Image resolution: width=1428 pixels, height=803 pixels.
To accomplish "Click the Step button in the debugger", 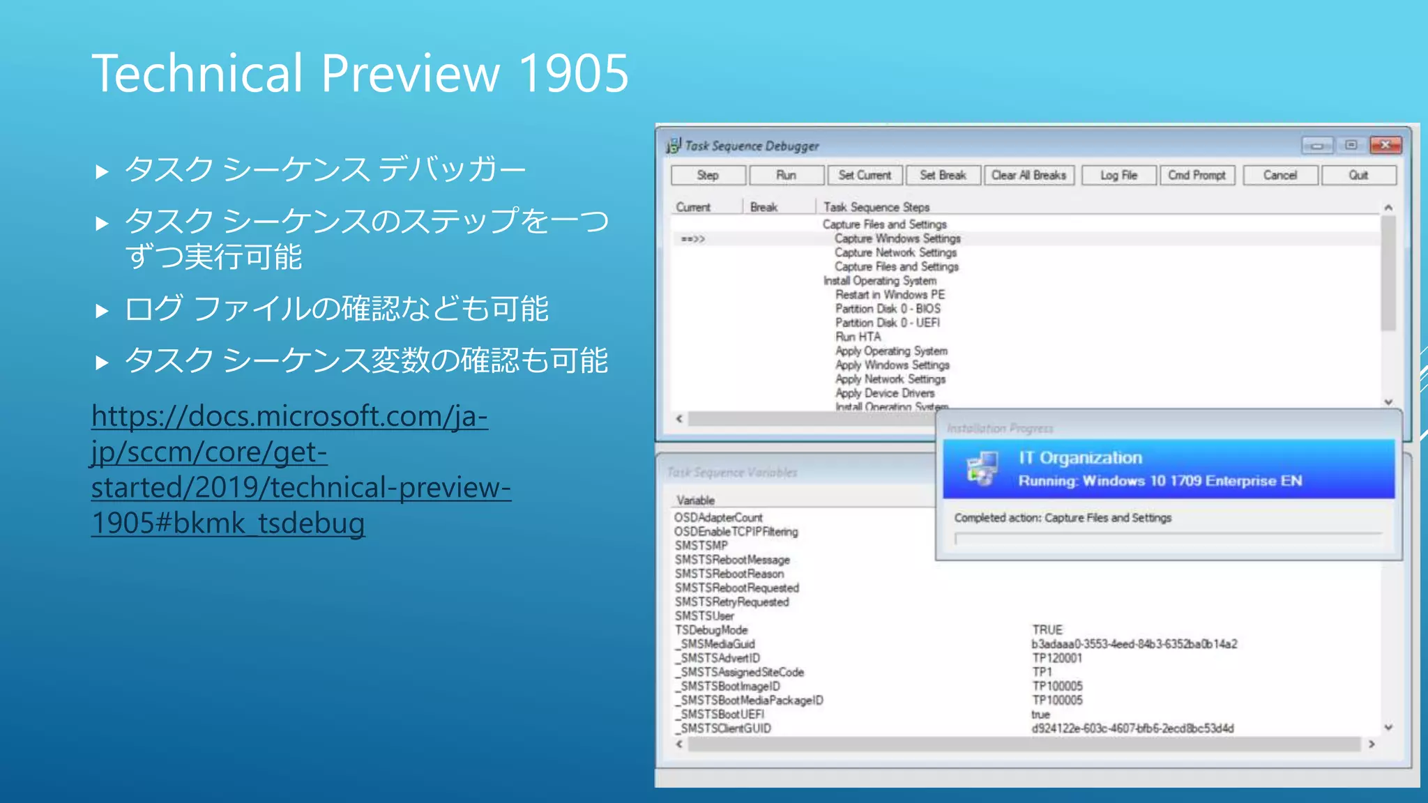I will (708, 175).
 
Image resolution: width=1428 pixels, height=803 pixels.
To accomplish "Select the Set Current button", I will (865, 175).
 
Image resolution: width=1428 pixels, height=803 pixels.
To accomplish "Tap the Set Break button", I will (943, 175).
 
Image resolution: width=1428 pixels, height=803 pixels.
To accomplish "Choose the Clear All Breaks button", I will (1028, 175).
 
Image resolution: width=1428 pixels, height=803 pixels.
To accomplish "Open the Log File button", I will (1118, 175).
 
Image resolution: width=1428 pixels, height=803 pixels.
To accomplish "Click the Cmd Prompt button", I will (1197, 175).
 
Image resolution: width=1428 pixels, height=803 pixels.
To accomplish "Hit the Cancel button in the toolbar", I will (1280, 175).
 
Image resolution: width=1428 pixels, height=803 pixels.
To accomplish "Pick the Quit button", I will (1358, 175).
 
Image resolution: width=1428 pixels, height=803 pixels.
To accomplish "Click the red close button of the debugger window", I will (1385, 145).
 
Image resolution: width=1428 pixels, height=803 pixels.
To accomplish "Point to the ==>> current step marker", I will (693, 239).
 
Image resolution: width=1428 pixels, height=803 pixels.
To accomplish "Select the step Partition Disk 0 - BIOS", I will (888, 309).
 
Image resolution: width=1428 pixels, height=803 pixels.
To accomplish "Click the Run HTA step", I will (858, 337).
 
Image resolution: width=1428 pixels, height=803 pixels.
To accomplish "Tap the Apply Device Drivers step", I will (885, 393).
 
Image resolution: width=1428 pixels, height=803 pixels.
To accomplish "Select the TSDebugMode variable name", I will (711, 630).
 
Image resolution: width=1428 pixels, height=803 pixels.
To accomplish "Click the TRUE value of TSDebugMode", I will (1047, 630).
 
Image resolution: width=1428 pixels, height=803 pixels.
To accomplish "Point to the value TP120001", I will (1057, 658).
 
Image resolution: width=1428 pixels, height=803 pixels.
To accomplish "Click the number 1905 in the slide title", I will (573, 73).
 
